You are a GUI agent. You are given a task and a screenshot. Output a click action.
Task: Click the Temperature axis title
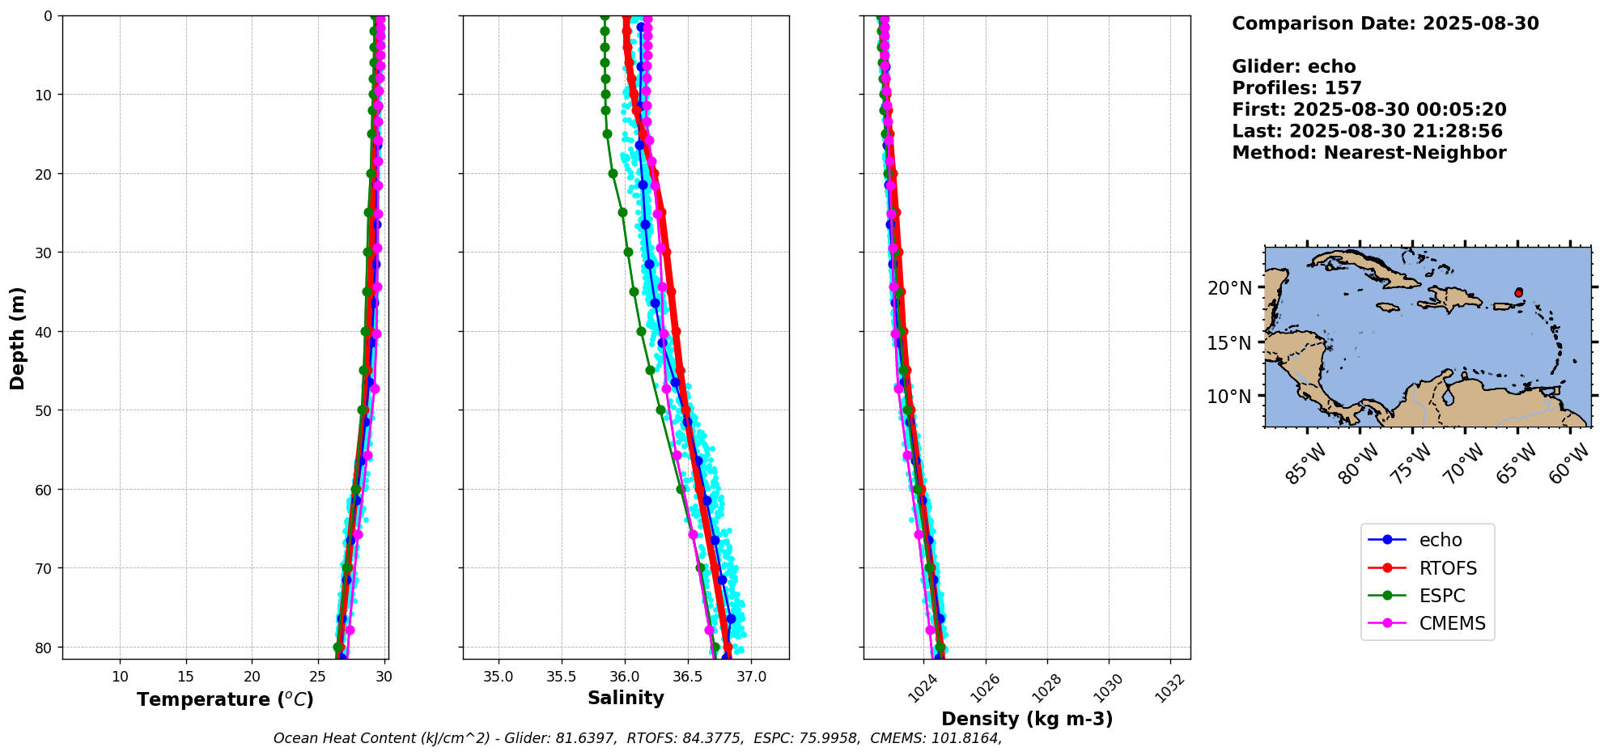tap(225, 699)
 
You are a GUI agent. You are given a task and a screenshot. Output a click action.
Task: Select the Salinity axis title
tap(626, 698)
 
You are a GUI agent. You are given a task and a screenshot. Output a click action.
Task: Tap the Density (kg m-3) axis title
tap(1027, 719)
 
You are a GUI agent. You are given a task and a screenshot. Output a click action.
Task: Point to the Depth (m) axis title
tap(18, 338)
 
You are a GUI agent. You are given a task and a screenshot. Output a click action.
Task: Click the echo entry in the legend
tap(1440, 540)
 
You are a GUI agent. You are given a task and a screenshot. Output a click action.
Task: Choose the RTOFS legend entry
tap(1447, 568)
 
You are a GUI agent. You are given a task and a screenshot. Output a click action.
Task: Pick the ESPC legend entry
tap(1441, 596)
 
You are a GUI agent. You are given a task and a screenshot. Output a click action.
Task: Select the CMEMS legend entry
tap(1452, 623)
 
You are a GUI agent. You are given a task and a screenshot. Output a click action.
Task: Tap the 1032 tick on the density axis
tap(1169, 688)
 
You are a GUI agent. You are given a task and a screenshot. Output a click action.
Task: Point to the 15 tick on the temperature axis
tap(186, 677)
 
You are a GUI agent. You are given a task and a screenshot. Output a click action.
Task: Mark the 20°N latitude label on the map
tap(1229, 288)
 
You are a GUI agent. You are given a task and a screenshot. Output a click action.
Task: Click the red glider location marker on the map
tap(1518, 292)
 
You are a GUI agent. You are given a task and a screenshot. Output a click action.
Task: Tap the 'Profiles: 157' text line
tap(1296, 88)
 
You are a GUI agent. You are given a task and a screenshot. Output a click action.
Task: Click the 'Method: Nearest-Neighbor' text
tap(1368, 153)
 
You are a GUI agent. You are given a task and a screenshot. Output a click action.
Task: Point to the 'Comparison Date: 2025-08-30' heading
tap(1385, 23)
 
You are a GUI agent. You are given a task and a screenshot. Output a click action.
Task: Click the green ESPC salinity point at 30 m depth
tap(628, 252)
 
